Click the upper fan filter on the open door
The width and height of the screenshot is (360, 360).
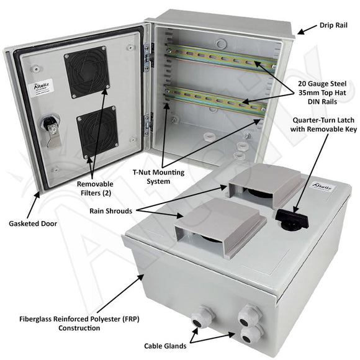pos(88,74)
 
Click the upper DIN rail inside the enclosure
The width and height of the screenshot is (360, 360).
pos(220,58)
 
